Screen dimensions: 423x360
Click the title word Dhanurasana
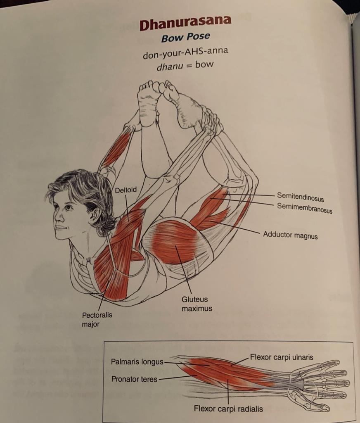coord(185,24)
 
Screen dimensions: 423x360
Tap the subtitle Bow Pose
coord(185,37)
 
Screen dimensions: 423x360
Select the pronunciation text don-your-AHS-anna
coord(185,54)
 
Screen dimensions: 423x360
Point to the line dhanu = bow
coord(185,65)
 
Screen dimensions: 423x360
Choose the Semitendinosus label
coord(300,197)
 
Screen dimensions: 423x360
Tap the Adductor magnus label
coord(290,235)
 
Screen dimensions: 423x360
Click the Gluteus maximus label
coord(194,304)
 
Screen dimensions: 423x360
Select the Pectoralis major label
coord(97,319)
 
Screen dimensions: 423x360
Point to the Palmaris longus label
coord(137,362)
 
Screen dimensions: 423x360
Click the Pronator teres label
coord(134,378)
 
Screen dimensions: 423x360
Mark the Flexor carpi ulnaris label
coord(282,357)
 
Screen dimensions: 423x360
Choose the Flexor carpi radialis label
coord(228,409)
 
